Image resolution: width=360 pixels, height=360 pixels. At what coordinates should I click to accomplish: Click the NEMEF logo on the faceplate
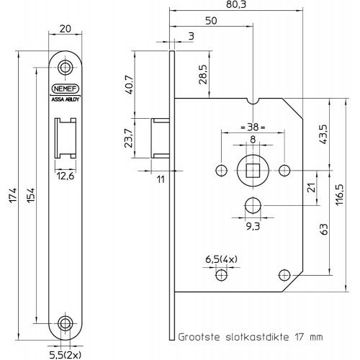click(66, 89)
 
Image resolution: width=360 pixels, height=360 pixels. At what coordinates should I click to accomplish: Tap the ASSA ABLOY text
click(66, 99)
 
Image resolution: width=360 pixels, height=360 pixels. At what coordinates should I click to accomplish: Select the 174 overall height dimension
click(13, 195)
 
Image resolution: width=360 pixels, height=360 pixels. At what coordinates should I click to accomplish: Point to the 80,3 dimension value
click(236, 5)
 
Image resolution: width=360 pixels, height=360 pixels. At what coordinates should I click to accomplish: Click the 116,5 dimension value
click(339, 194)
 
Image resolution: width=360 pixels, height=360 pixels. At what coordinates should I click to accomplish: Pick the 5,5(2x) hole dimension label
click(66, 355)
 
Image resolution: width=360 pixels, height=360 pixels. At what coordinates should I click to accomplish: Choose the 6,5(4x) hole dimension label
click(221, 259)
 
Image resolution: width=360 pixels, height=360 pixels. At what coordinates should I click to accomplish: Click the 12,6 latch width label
click(66, 176)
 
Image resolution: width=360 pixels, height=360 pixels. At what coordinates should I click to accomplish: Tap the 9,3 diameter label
click(253, 226)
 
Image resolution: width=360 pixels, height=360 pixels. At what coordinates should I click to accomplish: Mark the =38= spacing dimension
click(253, 127)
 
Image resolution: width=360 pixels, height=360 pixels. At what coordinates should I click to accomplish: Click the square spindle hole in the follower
click(253, 171)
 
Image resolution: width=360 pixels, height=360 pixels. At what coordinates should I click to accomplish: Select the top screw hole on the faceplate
click(66, 68)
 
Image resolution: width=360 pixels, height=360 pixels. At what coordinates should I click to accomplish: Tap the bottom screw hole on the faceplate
click(66, 323)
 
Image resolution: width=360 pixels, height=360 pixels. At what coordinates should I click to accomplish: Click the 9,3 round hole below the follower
click(253, 205)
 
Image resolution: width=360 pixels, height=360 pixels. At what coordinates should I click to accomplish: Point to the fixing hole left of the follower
click(222, 171)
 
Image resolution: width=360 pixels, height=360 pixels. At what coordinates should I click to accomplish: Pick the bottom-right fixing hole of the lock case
click(284, 275)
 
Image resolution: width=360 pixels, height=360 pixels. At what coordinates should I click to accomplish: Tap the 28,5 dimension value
click(203, 74)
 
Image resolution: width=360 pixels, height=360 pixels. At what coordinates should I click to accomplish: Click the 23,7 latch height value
click(129, 138)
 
